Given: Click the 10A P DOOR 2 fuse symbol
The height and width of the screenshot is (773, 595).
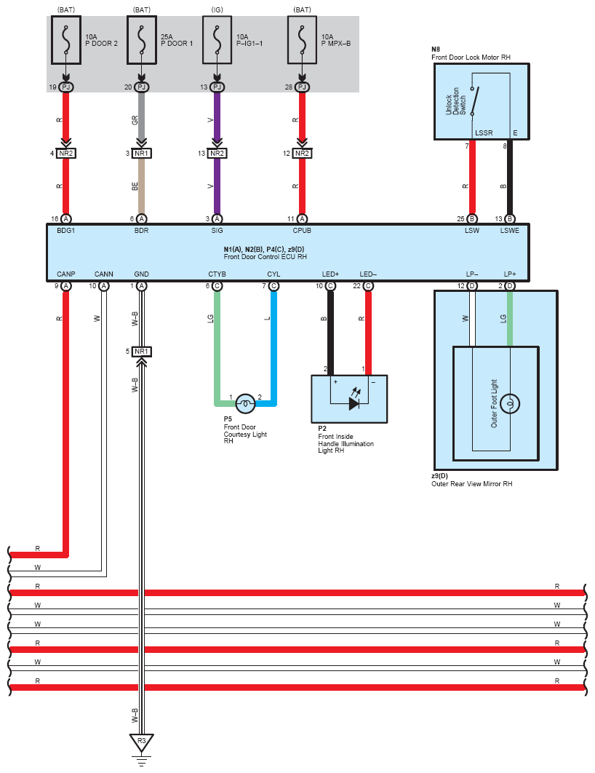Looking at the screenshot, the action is [66, 40].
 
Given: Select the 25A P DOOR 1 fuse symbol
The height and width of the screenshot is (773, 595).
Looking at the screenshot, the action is [142, 40].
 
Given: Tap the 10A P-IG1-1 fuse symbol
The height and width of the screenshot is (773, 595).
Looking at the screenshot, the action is [217, 40].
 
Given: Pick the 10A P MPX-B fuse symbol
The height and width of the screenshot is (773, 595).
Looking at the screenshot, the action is [302, 40].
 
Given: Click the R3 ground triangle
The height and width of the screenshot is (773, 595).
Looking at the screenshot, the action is [141, 742].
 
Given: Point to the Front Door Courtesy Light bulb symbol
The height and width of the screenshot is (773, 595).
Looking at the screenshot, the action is [245, 404].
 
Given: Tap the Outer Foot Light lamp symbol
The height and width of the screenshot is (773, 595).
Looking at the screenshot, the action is [510, 404].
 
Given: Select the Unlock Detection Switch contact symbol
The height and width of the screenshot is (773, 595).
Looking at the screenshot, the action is [474, 101].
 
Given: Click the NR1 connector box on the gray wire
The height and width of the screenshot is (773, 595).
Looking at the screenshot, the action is [141, 154].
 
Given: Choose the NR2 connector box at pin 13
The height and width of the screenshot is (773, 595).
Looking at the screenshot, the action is [217, 154].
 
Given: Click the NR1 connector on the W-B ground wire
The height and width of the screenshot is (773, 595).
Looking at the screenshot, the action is [141, 352].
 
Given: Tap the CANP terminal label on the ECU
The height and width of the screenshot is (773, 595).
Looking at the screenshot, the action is [66, 274].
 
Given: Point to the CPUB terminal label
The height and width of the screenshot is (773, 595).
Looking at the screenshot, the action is [302, 230].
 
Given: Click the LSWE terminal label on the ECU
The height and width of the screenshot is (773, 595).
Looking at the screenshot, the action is [510, 230].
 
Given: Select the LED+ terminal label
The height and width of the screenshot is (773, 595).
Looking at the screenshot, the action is [330, 274].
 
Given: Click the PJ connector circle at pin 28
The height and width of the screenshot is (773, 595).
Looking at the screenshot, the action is [302, 87].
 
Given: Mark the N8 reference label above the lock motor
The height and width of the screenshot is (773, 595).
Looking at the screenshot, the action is [436, 49].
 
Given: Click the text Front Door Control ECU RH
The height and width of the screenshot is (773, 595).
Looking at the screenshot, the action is [265, 257].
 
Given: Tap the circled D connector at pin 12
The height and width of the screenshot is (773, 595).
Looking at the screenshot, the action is [472, 286].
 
